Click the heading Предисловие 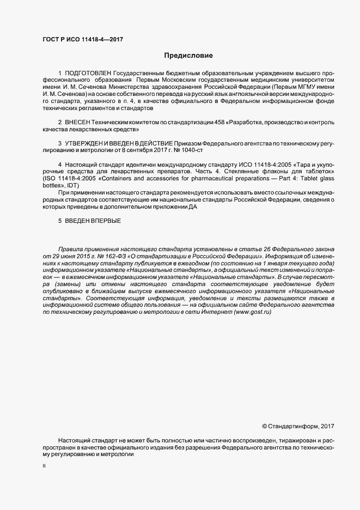(188, 56)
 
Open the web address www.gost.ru (252, 312)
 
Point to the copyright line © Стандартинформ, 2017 (298, 426)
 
